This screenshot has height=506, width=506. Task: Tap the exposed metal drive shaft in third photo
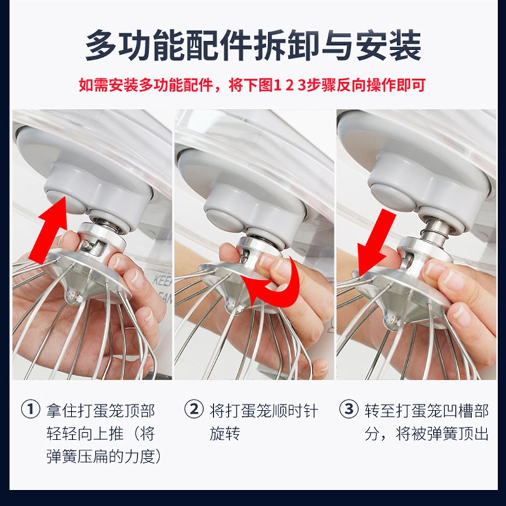(435, 235)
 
